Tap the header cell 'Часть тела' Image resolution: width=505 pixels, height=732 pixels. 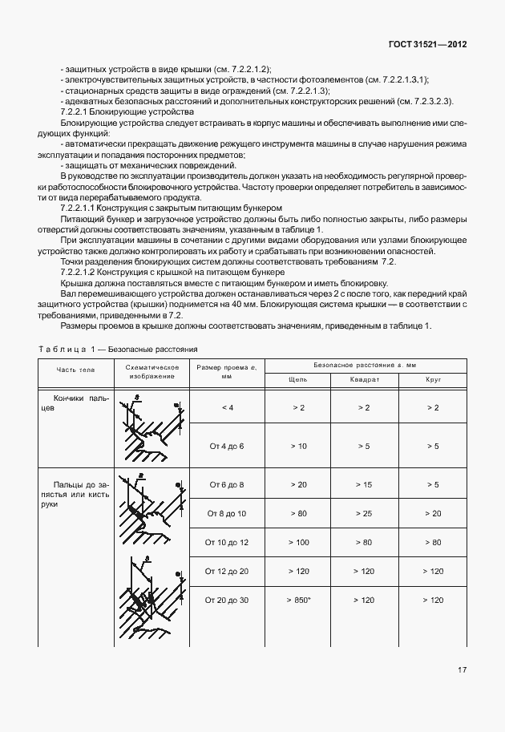pyautogui.click(x=75, y=370)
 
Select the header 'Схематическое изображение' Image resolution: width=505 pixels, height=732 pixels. pyautogui.click(x=151, y=370)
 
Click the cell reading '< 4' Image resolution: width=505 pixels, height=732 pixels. pyautogui.click(x=226, y=408)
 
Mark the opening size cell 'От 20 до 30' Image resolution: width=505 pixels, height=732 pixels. pyautogui.click(x=226, y=600)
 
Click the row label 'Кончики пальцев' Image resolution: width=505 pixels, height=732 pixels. pyautogui.click(x=75, y=402)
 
